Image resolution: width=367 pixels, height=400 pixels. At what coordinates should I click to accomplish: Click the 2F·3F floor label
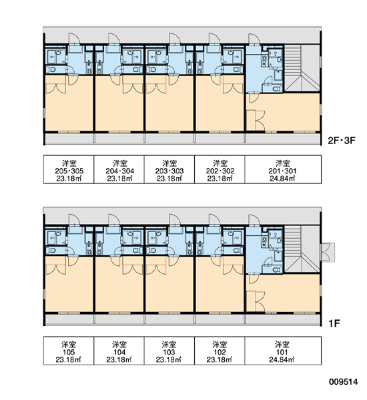(x=342, y=140)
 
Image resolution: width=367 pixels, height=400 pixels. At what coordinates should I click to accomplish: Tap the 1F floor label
(x=334, y=323)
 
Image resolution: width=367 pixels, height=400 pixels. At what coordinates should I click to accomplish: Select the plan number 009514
(x=343, y=381)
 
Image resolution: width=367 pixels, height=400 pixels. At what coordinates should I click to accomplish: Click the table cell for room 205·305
(x=69, y=169)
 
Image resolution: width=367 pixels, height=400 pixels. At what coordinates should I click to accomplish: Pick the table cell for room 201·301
(x=283, y=169)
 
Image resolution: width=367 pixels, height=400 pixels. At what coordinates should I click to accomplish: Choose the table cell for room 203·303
(x=169, y=169)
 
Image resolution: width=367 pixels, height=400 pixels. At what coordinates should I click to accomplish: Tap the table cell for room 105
(x=69, y=351)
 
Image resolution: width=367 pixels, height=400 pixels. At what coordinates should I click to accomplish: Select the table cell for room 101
(x=283, y=351)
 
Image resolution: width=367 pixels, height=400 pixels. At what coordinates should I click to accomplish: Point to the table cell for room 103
(x=169, y=351)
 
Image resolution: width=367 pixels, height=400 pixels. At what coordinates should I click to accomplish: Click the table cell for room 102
(x=220, y=351)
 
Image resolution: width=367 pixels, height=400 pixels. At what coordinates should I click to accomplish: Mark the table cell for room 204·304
(x=119, y=169)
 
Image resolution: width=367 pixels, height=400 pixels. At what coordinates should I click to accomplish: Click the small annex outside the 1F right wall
(x=328, y=252)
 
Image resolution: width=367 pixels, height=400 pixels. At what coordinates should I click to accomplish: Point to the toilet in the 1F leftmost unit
(x=52, y=251)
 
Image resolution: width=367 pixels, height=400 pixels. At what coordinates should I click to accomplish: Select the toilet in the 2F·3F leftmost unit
(x=52, y=69)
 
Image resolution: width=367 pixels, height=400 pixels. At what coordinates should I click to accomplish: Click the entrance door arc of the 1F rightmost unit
(x=255, y=219)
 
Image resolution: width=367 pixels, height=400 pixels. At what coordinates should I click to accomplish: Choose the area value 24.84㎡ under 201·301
(x=282, y=178)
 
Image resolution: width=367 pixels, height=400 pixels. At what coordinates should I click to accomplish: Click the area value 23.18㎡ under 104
(x=119, y=360)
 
